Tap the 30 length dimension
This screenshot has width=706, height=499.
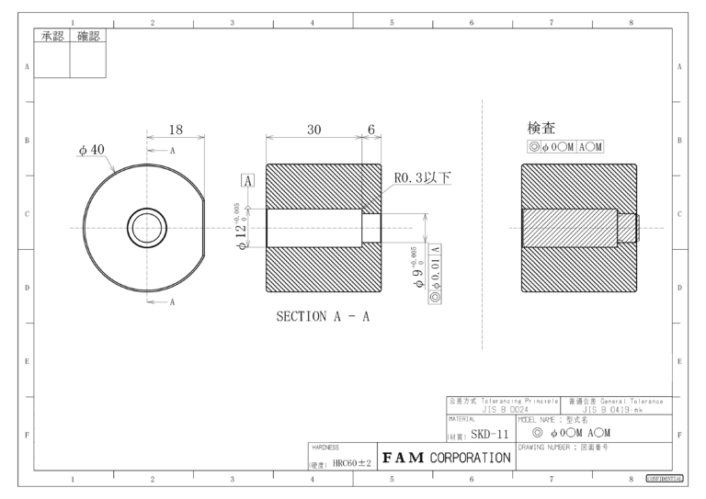tap(313, 130)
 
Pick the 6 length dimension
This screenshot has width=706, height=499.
tap(371, 130)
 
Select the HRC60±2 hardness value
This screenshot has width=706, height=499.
tap(351, 463)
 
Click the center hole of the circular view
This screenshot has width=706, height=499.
tap(146, 226)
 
